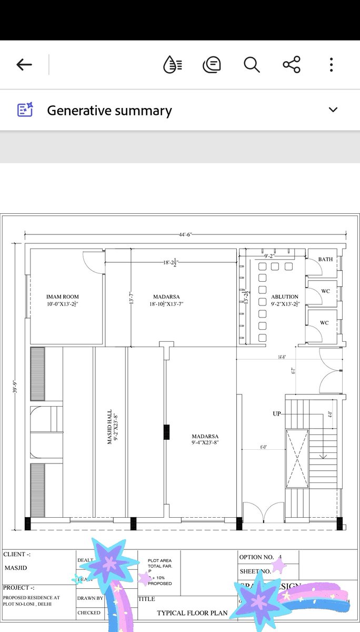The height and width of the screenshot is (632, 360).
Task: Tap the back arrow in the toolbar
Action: coord(24,65)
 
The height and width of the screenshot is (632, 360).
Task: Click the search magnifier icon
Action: coord(252,65)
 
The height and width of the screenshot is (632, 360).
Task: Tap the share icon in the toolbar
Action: coord(291,65)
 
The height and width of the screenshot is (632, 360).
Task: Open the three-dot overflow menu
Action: coord(331,65)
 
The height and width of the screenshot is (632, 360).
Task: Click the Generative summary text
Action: coord(109,111)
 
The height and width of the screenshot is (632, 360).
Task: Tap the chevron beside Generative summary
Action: coord(333,110)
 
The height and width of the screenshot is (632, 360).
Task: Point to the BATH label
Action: coord(325,260)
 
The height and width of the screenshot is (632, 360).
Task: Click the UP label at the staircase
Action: coord(277,414)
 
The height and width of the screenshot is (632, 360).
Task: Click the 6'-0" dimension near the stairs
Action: coord(263,447)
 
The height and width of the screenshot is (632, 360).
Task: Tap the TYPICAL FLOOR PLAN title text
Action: coord(192,613)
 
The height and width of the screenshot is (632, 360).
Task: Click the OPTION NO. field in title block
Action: coord(257,557)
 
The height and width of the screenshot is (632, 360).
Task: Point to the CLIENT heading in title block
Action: coord(17,555)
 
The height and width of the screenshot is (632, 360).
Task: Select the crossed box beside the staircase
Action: coord(297,459)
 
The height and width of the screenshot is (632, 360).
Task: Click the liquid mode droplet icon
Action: coord(173,65)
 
